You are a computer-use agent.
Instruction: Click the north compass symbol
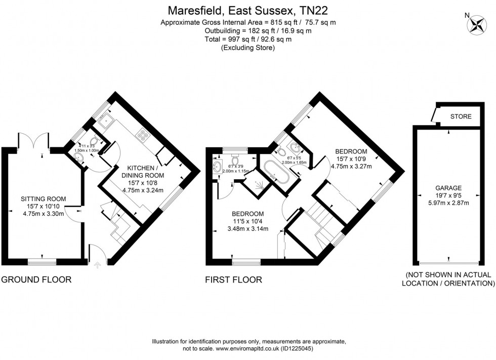click(x=477, y=25)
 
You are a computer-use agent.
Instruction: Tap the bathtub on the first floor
click(x=276, y=171)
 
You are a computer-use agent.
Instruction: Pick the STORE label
click(x=461, y=117)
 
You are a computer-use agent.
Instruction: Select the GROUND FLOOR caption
click(x=36, y=279)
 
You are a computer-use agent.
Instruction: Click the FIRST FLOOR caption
click(x=233, y=279)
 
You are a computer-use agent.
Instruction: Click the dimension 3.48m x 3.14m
click(x=247, y=229)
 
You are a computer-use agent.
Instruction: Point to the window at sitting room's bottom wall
click(x=42, y=261)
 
